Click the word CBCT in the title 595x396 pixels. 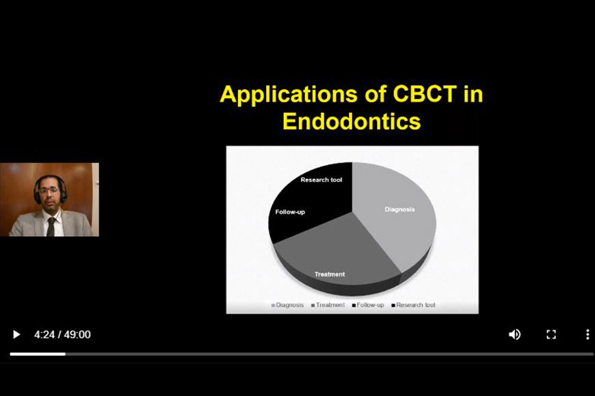click(x=425, y=94)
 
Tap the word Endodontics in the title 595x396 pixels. click(x=352, y=122)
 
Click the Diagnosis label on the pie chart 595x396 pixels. click(x=399, y=209)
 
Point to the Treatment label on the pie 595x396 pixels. click(x=330, y=274)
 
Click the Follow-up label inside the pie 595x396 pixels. click(x=290, y=212)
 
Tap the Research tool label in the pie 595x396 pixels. click(x=321, y=180)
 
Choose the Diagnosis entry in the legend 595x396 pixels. click(x=288, y=305)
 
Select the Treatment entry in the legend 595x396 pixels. click(x=328, y=305)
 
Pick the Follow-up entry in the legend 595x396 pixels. click(x=368, y=305)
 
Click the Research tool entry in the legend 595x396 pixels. click(x=413, y=305)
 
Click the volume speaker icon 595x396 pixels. click(x=514, y=335)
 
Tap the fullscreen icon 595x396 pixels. click(x=551, y=335)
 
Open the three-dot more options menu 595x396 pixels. click(x=587, y=335)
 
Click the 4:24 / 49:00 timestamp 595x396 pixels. click(x=62, y=335)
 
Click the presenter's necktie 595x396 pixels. click(x=51, y=226)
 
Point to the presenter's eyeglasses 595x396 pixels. click(x=49, y=190)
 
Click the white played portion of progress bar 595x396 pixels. click(x=38, y=354)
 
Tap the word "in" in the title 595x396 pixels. click(x=473, y=94)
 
